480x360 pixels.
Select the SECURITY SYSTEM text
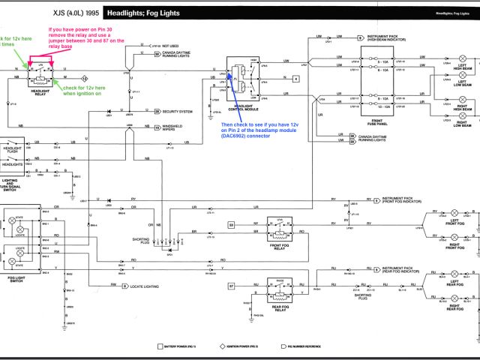(178, 111)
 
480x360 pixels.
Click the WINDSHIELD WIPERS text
(178, 128)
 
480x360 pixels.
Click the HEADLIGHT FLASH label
(13, 150)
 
